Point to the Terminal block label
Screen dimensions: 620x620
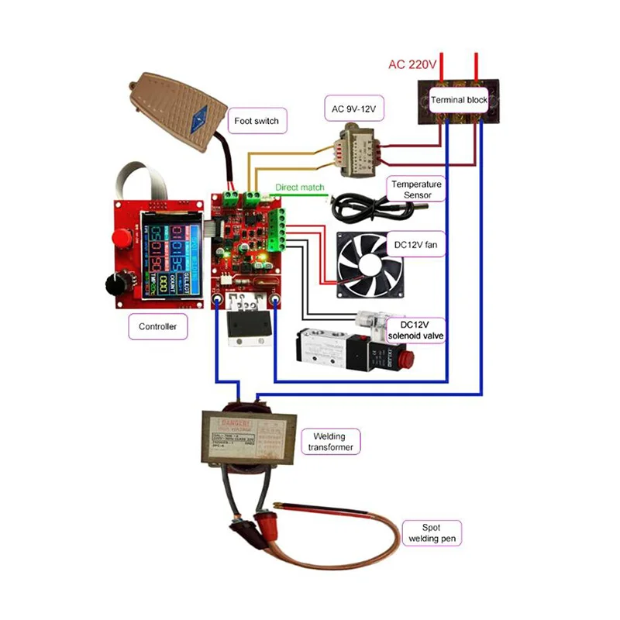pyautogui.click(x=459, y=100)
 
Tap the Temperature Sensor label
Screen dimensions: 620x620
pyautogui.click(x=416, y=189)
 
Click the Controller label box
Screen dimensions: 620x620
pyautogui.click(x=158, y=326)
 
